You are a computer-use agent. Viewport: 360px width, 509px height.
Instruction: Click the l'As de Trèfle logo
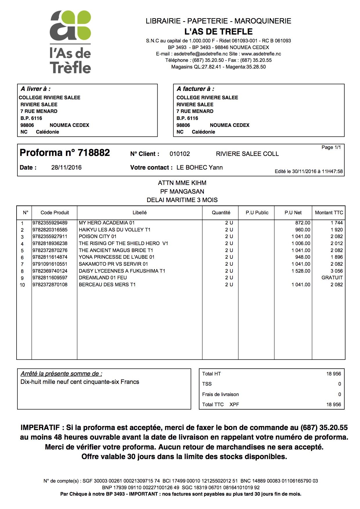(70, 42)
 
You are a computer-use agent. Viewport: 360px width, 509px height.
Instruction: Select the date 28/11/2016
(66, 168)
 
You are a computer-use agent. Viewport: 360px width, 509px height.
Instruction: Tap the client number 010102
(180, 154)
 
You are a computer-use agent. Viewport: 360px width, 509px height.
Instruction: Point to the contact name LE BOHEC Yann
(199, 168)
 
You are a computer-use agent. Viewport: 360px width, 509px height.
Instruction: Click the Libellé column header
(139, 213)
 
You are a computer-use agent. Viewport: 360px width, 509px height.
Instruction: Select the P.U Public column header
(257, 213)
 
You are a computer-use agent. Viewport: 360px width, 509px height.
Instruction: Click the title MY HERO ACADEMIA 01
(107, 223)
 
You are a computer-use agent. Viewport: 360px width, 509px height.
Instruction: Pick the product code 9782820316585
(50, 230)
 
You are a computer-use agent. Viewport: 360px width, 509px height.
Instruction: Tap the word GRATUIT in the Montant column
(332, 278)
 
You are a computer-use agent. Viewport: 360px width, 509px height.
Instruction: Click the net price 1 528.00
(301, 271)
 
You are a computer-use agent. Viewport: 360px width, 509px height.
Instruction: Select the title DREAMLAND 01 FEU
(103, 278)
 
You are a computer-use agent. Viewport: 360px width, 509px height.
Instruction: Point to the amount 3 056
(336, 271)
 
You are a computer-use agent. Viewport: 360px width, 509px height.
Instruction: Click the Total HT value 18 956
(334, 374)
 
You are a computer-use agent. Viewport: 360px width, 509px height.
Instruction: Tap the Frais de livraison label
(220, 394)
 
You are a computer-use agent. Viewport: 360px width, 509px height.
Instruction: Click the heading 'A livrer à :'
(35, 89)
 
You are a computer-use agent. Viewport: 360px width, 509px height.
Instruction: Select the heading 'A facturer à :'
(195, 89)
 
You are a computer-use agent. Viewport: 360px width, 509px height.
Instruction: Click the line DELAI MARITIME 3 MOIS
(182, 200)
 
